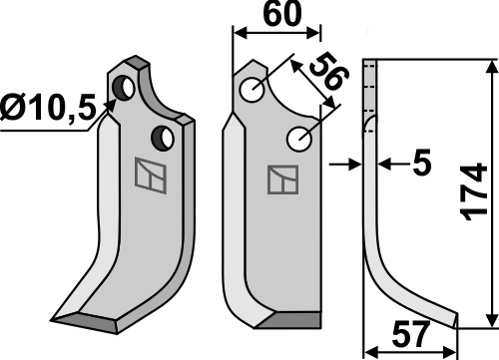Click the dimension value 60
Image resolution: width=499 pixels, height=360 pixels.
(281, 14)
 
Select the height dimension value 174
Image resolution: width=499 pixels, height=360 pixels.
(475, 191)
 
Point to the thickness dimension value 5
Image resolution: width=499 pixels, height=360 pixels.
(422, 164)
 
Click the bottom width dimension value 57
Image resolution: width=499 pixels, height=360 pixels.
(409, 335)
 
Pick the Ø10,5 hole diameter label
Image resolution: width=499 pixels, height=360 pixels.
(48, 108)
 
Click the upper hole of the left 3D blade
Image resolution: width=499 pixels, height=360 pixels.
(124, 88)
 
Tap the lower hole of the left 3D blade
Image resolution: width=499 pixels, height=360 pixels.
(163, 138)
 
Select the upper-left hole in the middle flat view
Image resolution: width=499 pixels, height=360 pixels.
(252, 90)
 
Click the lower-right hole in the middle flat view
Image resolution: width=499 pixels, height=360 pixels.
(299, 139)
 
